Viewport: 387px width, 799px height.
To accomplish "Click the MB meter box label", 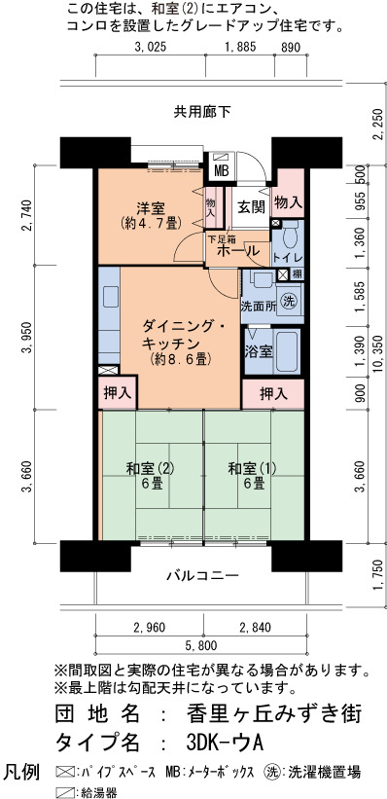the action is tap(221, 171).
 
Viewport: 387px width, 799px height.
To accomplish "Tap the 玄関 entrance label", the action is tap(251, 207).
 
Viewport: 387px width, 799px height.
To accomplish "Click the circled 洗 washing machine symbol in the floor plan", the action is tap(289, 299).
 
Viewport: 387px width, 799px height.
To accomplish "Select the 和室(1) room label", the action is tap(253, 468).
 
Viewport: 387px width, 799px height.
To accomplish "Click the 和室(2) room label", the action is tap(151, 468).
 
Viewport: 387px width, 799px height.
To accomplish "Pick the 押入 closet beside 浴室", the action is tap(273, 393).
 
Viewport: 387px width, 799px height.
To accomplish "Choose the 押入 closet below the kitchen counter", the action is tap(118, 392).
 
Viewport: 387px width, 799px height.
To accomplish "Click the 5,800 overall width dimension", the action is tap(201, 646).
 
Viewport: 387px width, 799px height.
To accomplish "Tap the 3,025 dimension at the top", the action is tap(150, 48).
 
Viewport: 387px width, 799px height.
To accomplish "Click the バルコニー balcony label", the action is tap(202, 576).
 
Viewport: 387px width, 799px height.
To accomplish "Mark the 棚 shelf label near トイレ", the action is tap(297, 274).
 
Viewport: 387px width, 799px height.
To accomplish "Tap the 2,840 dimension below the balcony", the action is tap(254, 627).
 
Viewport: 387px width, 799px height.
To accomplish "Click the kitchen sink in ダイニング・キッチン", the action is tap(110, 296).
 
